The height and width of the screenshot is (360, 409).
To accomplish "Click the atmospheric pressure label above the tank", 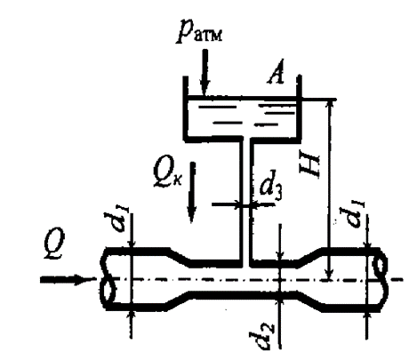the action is tap(199, 31).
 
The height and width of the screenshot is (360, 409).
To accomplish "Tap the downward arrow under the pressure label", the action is tap(204, 72).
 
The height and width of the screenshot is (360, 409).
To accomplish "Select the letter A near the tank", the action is tap(276, 72).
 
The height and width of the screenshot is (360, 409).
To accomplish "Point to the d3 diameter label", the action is tap(270, 189).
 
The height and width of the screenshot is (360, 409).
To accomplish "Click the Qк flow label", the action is tap(167, 175).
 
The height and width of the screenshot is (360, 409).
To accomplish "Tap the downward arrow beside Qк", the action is tap(192, 192).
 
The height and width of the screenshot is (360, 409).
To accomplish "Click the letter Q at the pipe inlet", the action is tap(55, 244).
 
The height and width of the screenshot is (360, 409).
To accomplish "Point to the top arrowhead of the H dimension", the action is tap(330, 104).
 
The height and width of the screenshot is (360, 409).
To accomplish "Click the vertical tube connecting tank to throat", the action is tap(246, 202).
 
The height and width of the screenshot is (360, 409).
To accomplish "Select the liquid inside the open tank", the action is tap(243, 117).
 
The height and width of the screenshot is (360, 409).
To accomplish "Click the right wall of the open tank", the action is tap(300, 107).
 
